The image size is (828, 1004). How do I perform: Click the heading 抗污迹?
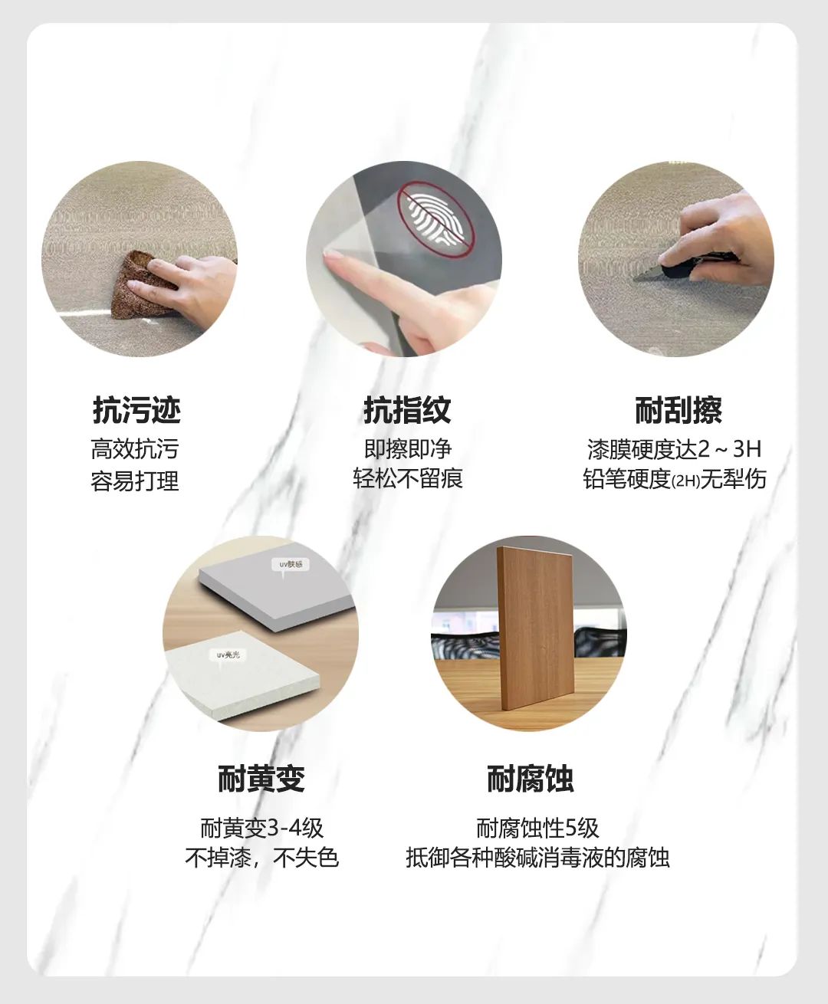coord(136,410)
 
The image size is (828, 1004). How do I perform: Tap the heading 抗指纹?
coord(407,410)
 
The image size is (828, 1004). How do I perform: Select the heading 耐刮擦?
coord(678,410)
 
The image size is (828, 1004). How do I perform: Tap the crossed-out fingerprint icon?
coord(435,220)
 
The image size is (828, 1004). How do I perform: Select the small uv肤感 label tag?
coord(291,565)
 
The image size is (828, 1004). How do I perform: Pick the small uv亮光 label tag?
coord(228,655)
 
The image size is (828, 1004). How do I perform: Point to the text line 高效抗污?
coord(135,449)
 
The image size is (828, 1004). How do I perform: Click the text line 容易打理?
coord(135,481)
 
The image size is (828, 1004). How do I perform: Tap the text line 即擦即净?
coord(408,449)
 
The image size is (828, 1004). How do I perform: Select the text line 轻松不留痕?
coord(408,478)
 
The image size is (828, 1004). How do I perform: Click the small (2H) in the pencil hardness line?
coord(685,481)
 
